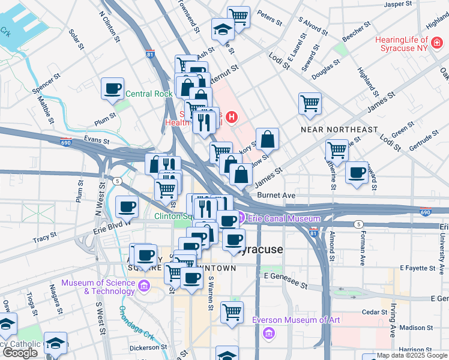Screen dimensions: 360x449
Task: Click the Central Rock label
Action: click(149, 94)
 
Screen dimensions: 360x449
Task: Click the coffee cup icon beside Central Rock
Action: click(112, 89)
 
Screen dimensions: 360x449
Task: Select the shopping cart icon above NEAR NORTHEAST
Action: click(310, 103)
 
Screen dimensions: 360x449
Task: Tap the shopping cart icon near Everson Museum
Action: click(232, 312)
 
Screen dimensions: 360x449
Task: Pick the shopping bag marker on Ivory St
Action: click(267, 139)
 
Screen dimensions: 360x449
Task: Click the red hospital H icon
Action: click(231, 116)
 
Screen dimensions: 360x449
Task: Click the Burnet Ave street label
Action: click(276, 195)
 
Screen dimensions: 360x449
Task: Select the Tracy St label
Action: click(44, 239)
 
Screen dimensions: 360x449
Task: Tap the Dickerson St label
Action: click(148, 347)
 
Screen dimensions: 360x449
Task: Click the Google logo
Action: click(20, 353)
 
